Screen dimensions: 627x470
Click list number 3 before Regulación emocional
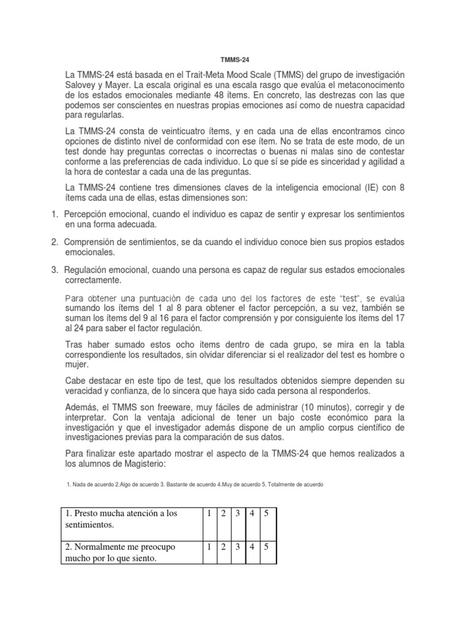(x=54, y=270)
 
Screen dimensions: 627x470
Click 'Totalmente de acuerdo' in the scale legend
(x=293, y=485)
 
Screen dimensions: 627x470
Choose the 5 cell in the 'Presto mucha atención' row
(x=266, y=513)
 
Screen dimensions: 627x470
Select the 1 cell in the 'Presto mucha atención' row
(x=209, y=513)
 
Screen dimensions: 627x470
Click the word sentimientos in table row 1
(x=91, y=525)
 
